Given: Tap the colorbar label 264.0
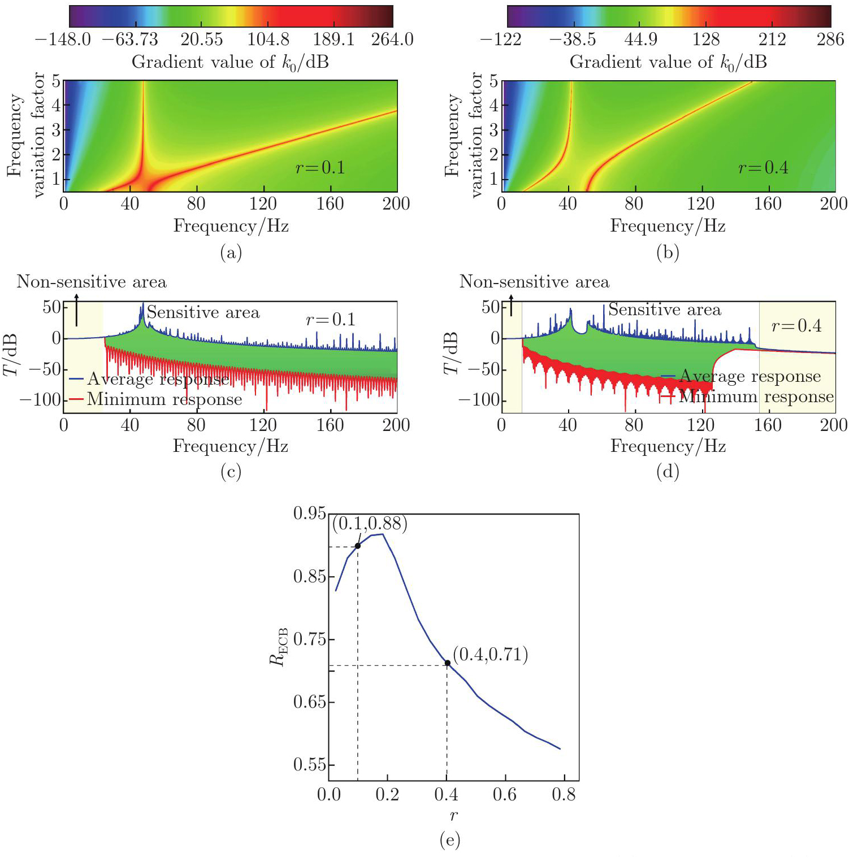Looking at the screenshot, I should coord(392,39).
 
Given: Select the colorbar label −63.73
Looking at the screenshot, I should coord(130,39).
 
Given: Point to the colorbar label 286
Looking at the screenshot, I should coord(830,39).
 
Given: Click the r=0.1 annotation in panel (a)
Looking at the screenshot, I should coord(320,167).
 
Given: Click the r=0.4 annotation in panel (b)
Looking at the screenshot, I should coord(763,167).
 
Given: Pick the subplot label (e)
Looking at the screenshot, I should coord(450,840).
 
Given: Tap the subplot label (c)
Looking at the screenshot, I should coord(231,472).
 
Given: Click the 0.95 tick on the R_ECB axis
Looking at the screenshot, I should coord(310,513).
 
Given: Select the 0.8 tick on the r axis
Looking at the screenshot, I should coord(564,795).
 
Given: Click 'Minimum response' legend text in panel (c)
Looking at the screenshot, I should coord(164,399).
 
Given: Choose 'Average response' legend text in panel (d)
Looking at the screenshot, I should coord(750,376).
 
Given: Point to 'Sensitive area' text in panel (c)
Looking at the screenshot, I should coord(203,312).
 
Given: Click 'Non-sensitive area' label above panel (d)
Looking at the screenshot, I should coord(534,281).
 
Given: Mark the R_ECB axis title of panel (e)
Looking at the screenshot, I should coord(279,647).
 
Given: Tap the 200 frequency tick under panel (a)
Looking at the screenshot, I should coord(396,203).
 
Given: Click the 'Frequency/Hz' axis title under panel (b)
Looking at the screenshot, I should coord(668,226).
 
